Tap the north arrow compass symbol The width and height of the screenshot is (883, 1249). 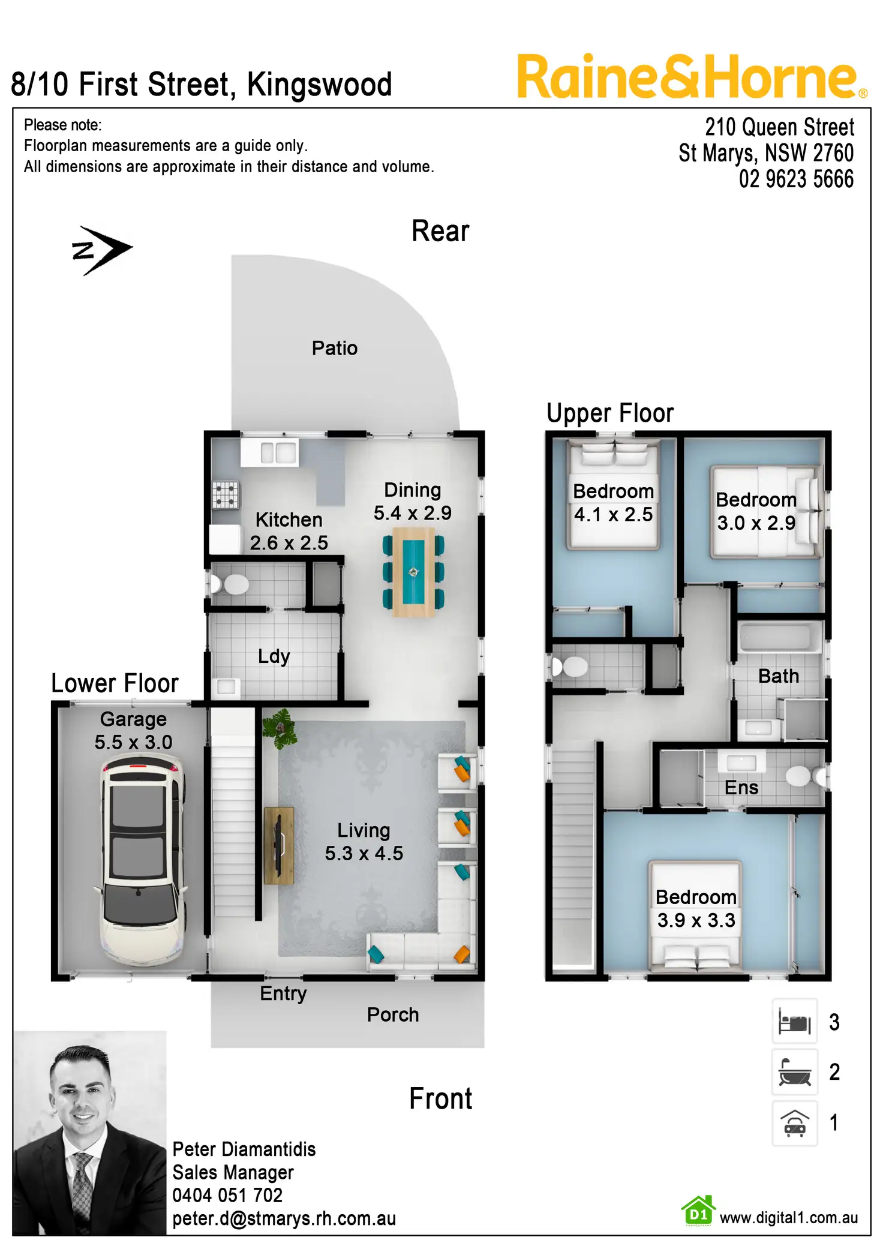pos(100,250)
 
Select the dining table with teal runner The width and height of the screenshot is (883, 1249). pos(413,572)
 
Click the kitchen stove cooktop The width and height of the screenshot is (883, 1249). pos(226,495)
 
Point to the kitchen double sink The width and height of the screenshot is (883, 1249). pos(278,452)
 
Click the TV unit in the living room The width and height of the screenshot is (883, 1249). pos(279,846)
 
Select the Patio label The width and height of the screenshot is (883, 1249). pos(334,348)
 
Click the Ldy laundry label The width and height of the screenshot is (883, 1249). pos(274,656)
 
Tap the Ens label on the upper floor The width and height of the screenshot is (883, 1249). pos(741,788)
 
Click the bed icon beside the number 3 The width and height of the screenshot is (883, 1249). pos(794,1022)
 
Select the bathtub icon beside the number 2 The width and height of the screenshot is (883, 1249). pos(794,1072)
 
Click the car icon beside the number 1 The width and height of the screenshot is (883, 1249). pos(794,1123)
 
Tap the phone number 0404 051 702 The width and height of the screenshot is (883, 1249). pos(227,1195)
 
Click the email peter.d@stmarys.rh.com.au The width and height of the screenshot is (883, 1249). pos(284,1218)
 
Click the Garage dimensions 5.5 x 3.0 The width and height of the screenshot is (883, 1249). pos(133,742)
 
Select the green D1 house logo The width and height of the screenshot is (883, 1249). pos(698,1211)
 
